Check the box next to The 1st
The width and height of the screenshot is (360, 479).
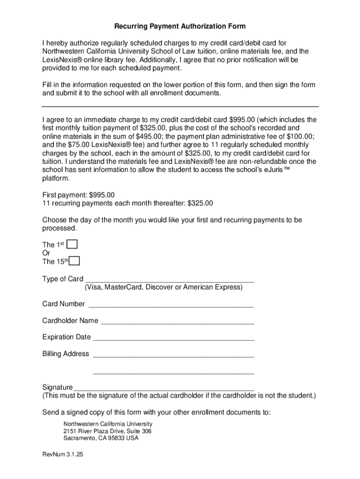(x=72, y=244)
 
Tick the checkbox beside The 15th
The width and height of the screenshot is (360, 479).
(x=74, y=261)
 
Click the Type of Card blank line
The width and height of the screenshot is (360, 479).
(x=169, y=280)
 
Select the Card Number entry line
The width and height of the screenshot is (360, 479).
(x=171, y=305)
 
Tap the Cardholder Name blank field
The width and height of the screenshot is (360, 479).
(x=177, y=321)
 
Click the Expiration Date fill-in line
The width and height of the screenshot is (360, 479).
(x=173, y=338)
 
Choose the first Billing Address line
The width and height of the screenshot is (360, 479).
(x=173, y=355)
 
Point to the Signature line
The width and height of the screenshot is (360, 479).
(x=164, y=388)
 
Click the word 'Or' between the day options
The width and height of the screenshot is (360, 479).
(x=46, y=253)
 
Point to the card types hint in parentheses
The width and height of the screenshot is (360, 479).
(x=164, y=287)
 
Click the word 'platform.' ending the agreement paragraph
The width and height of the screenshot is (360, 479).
(x=57, y=178)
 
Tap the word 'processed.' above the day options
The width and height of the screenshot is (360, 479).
(x=59, y=228)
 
